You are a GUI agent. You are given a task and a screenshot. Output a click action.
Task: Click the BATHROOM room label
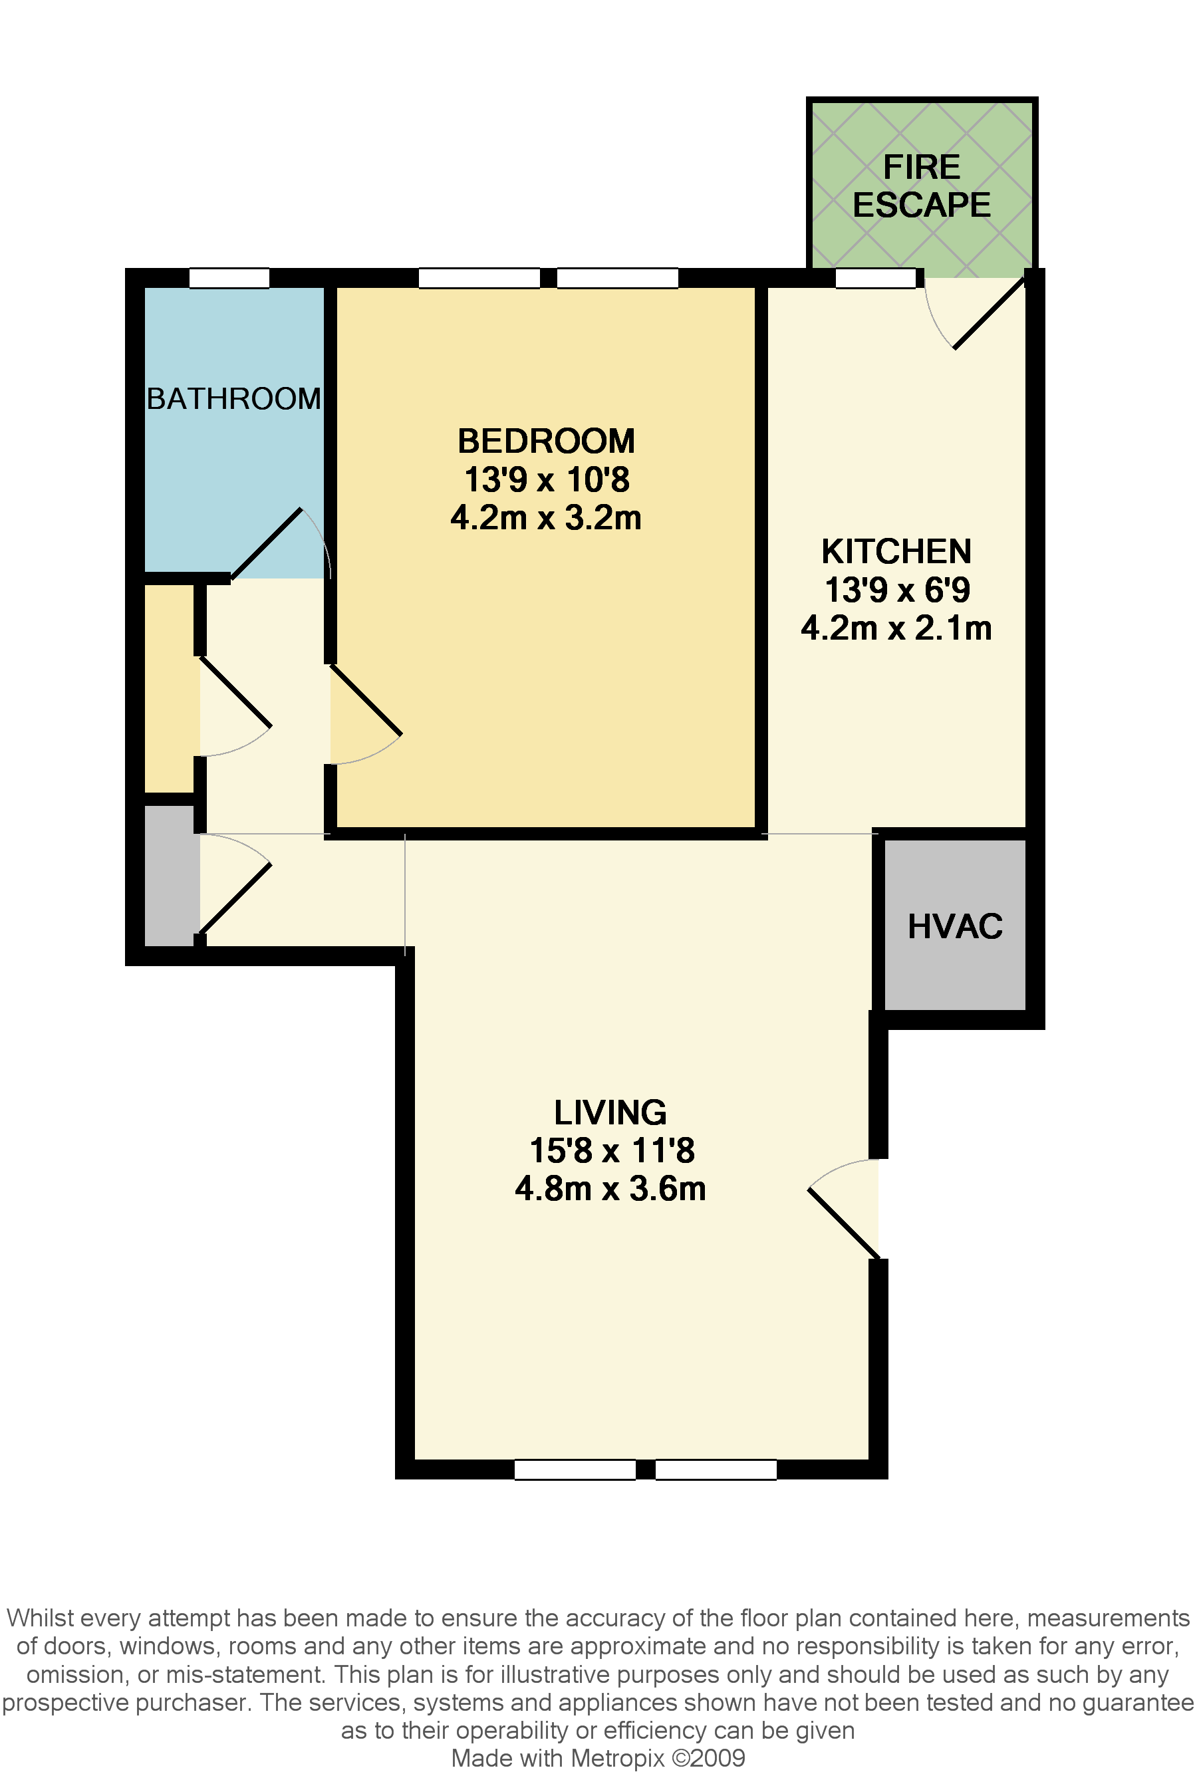[x=233, y=399]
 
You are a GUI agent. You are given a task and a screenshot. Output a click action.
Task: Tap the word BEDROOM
[x=546, y=441]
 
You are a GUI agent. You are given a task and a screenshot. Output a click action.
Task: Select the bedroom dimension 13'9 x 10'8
[x=546, y=480]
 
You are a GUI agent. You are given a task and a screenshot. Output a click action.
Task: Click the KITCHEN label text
[x=896, y=551]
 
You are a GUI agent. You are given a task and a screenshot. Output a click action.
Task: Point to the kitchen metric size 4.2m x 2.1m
[x=896, y=628]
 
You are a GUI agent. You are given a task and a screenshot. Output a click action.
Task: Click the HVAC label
[x=954, y=926]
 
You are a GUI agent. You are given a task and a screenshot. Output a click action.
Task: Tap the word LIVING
[x=610, y=1112]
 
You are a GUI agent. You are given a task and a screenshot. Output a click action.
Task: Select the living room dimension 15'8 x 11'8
[x=612, y=1150]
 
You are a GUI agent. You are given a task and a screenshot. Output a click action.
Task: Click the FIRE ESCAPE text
[x=922, y=186]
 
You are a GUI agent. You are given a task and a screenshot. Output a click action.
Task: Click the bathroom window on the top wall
[x=229, y=278]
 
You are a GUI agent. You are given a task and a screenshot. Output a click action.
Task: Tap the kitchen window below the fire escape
[x=875, y=278]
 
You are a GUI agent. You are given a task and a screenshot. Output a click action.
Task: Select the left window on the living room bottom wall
[x=575, y=1469]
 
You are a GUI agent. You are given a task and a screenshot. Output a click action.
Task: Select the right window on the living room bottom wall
[x=716, y=1469]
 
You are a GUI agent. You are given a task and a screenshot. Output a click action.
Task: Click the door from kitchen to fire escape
[x=990, y=314]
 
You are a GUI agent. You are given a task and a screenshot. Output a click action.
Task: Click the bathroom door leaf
[x=267, y=543]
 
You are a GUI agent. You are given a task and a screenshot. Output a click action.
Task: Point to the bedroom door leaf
[x=366, y=700]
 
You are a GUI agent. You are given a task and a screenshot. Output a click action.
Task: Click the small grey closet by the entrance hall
[x=170, y=874]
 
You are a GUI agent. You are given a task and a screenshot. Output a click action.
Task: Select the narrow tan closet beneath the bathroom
[x=170, y=688]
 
